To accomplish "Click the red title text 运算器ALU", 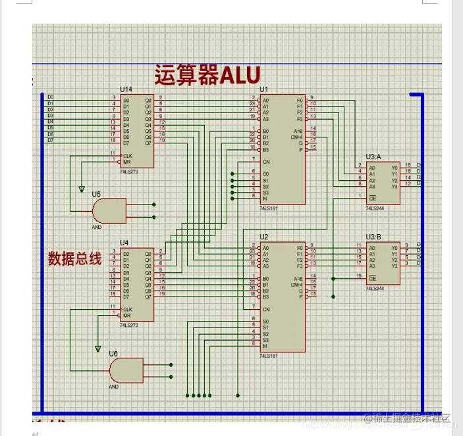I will point(207,75).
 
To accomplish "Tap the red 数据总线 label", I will point(74,258).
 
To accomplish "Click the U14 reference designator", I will point(126,89).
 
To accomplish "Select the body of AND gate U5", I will point(109,210).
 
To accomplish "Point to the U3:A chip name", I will point(374,157).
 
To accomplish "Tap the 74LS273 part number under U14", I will point(130,170).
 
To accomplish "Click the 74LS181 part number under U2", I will point(269,355).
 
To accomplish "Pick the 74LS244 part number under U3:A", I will point(375,208).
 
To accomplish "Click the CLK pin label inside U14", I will point(126,155).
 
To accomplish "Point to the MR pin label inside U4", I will point(126,315).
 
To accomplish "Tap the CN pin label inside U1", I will point(266,161).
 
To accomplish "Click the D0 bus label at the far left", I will point(51,97).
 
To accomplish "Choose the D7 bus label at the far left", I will point(51,140).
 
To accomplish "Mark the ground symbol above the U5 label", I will point(82,189).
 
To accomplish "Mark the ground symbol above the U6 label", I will point(98,349).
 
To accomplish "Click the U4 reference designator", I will point(124,243).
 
